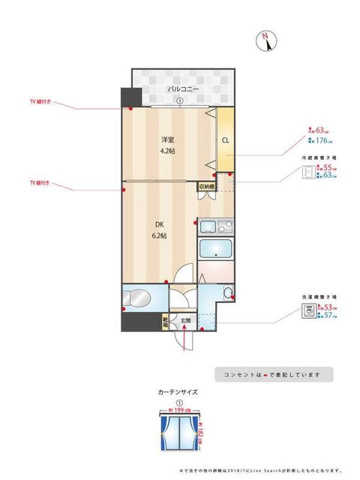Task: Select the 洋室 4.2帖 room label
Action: point(167,145)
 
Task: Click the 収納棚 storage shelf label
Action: point(207,186)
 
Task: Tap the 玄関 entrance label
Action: point(185,321)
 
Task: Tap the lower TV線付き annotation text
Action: point(40,182)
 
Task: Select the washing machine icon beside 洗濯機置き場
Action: point(307,312)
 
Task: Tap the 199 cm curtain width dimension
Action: point(180,410)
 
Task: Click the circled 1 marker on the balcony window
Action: point(180,103)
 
